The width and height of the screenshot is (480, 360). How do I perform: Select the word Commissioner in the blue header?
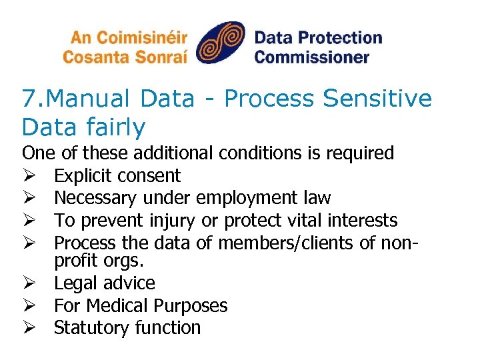click(311, 57)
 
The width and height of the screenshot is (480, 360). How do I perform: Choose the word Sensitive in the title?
click(379, 99)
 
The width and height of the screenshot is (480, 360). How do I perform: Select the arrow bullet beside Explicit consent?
click(28, 176)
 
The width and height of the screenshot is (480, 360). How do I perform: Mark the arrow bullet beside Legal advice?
click(28, 283)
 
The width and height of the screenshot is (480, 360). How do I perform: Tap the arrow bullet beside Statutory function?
click(28, 328)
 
